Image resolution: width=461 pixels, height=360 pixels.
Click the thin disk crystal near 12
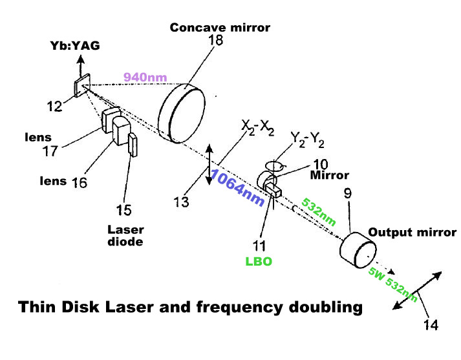tap(82, 87)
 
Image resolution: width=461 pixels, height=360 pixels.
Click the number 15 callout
tap(123, 210)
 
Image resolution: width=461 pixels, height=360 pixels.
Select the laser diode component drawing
tap(133, 145)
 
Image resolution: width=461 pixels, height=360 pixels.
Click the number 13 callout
tap(184, 202)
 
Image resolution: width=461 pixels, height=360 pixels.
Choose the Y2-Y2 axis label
tap(306, 139)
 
